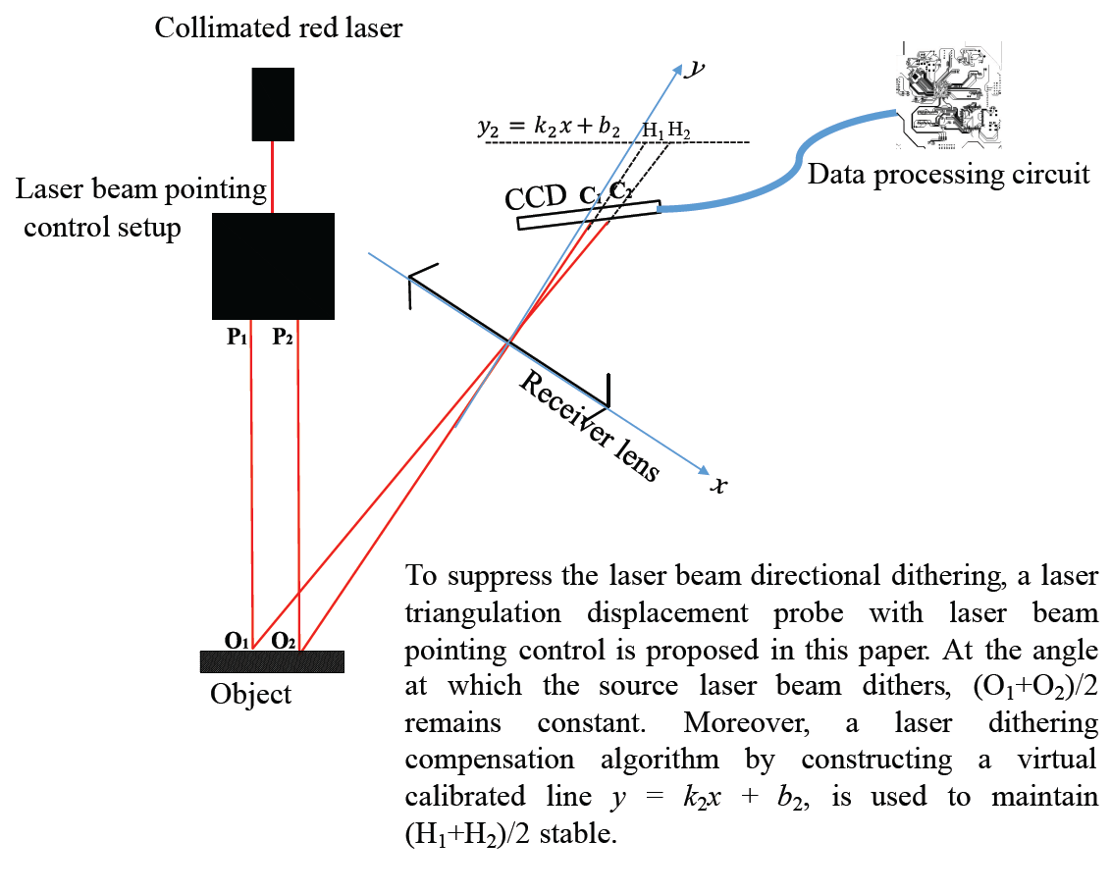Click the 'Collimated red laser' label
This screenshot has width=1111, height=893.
pyautogui.click(x=279, y=27)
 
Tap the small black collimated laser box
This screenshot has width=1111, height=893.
pyautogui.click(x=273, y=104)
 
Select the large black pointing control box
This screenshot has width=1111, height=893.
pyautogui.click(x=273, y=266)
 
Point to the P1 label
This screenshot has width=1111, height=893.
pyautogui.click(x=238, y=338)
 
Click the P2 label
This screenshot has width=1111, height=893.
pyautogui.click(x=284, y=338)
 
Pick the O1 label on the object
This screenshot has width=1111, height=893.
pyautogui.click(x=236, y=641)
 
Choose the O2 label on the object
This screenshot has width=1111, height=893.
pyautogui.click(x=284, y=641)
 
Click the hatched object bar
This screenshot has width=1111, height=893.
pyautogui.click(x=272, y=661)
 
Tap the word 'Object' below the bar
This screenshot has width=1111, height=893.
pyautogui.click(x=251, y=695)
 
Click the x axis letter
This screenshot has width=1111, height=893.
pyautogui.click(x=719, y=484)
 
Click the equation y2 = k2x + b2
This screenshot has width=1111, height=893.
pyautogui.click(x=549, y=129)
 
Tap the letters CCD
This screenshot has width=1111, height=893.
pyautogui.click(x=536, y=199)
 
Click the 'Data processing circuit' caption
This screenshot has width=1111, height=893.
pyautogui.click(x=948, y=175)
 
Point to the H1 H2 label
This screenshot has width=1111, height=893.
pyautogui.click(x=665, y=131)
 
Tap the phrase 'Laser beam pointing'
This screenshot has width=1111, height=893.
pyautogui.click(x=141, y=188)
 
